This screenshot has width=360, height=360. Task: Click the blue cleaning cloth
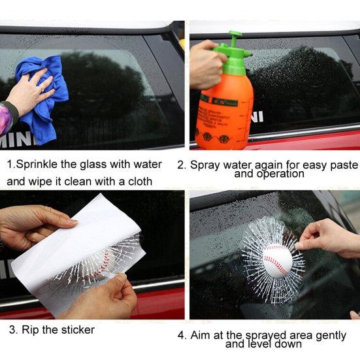click(46, 111)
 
